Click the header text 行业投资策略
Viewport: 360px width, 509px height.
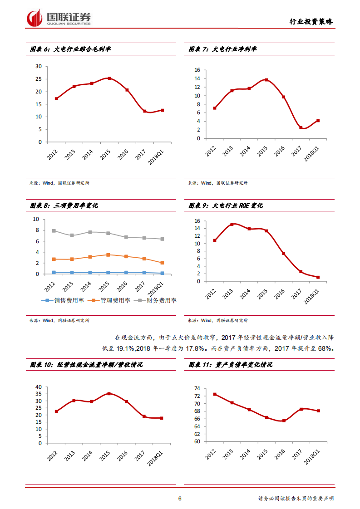(311, 21)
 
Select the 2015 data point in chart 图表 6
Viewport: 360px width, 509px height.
(109, 78)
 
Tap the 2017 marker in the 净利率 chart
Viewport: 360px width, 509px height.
(301, 127)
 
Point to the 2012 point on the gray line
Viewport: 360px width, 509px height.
(54, 230)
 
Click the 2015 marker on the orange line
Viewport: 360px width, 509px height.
(108, 255)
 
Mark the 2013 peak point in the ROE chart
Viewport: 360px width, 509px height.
(232, 224)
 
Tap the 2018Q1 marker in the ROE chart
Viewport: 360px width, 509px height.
(318, 277)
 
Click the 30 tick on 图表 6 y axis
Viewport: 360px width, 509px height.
(39, 66)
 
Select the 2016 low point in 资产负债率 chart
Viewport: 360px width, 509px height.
(284, 421)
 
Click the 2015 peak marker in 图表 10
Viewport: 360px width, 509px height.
(109, 394)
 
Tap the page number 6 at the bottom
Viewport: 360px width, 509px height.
(180, 499)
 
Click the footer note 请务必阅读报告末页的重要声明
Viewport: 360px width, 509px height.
(296, 499)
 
